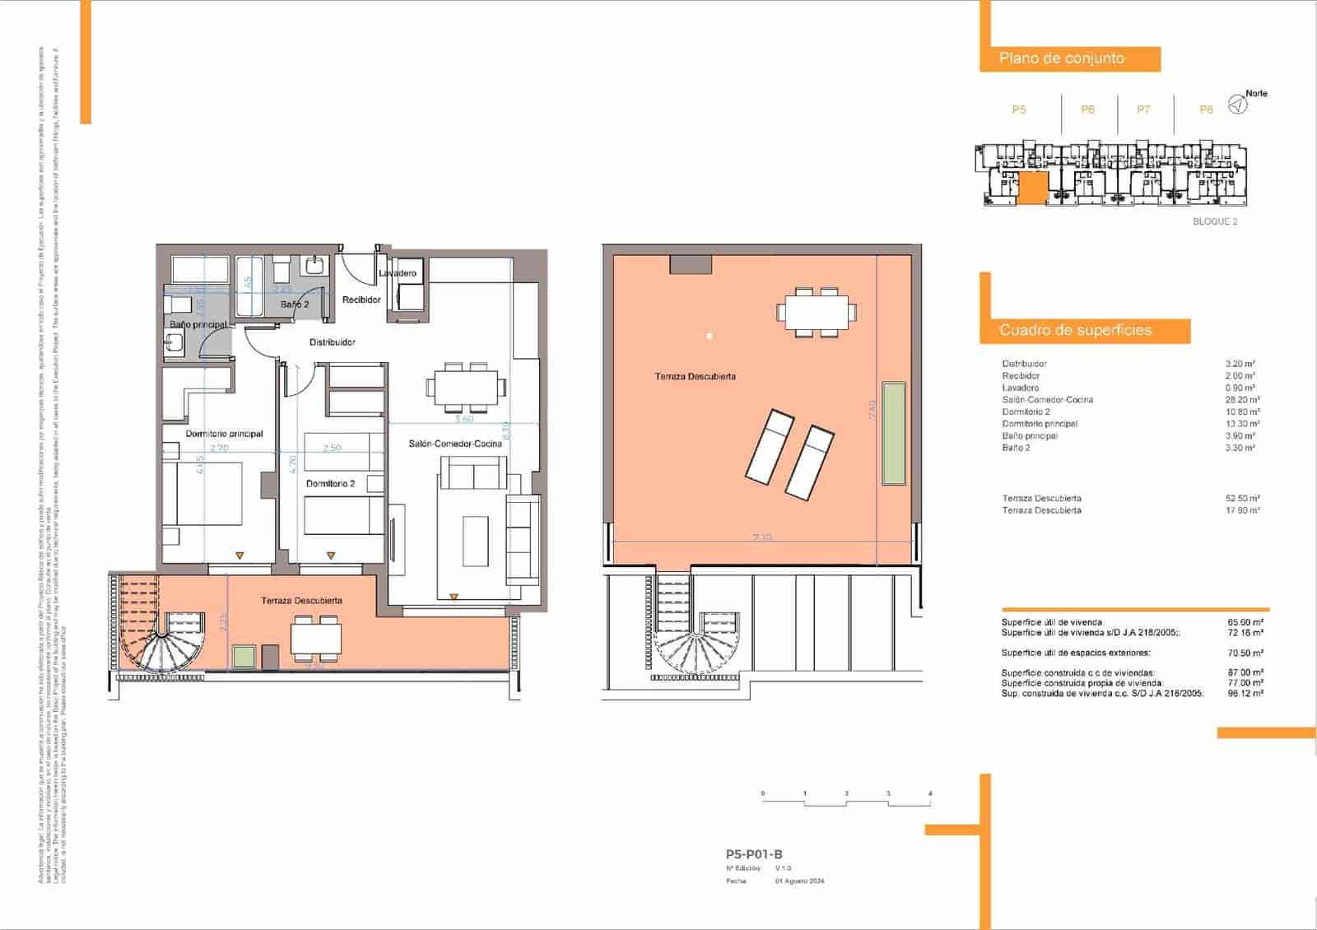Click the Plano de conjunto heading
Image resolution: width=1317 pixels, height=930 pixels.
coord(1061,58)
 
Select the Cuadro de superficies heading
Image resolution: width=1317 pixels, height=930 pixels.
coord(1075,330)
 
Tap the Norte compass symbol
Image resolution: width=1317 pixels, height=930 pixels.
coord(1237,105)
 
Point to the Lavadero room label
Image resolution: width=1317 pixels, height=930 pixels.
coord(398,272)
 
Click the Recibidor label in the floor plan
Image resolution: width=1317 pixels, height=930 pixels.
coord(361,300)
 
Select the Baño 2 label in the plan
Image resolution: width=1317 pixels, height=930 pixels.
coord(294,305)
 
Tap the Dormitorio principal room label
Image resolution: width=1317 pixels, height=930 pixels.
coord(224,434)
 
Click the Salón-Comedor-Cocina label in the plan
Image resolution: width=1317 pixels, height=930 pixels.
coord(455,444)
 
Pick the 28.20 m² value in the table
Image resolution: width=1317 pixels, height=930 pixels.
coord(1240,400)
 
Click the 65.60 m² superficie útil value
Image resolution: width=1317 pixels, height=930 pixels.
coord(1245,623)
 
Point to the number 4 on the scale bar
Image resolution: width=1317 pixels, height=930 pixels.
coord(930,794)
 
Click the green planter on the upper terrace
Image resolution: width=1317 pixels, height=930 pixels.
coord(893,433)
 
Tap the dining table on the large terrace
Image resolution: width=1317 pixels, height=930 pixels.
coord(817,313)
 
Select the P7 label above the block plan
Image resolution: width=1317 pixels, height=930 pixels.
coord(1143,109)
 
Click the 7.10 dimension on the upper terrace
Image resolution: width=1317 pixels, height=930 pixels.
coord(762,537)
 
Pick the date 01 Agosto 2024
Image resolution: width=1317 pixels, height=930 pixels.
coord(799,881)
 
